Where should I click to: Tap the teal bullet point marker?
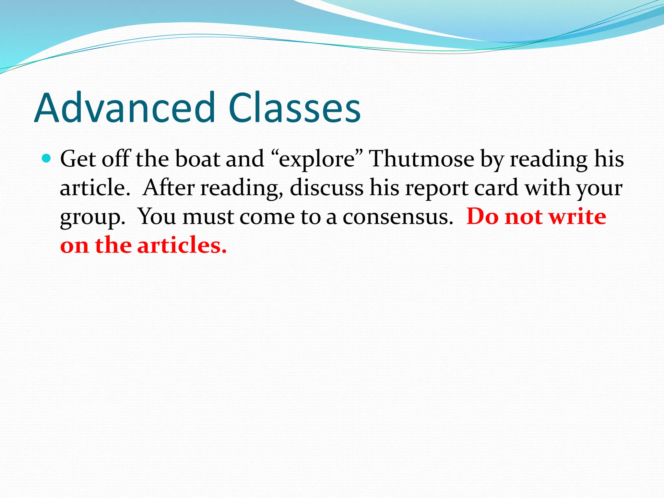tap(47, 159)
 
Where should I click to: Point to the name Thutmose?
tap(422, 159)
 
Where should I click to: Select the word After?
tap(169, 188)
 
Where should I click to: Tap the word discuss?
tap(326, 188)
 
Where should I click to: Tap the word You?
tap(157, 217)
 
